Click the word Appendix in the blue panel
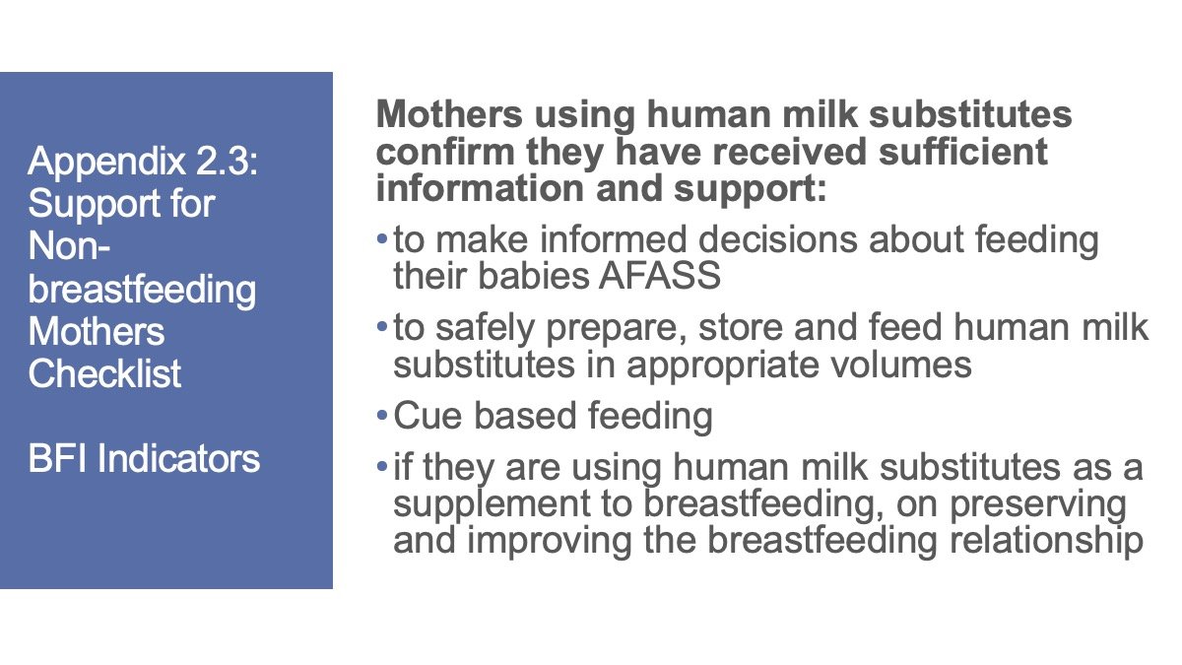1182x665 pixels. pyautogui.click(x=106, y=163)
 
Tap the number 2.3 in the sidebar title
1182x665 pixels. pyautogui.click(x=227, y=161)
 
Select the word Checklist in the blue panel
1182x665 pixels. pyautogui.click(x=104, y=373)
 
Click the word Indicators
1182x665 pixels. pyautogui.click(x=179, y=458)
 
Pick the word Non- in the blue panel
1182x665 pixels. pyautogui.click(x=69, y=245)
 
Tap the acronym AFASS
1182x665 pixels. pyautogui.click(x=659, y=276)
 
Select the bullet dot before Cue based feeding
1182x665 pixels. pyautogui.click(x=382, y=416)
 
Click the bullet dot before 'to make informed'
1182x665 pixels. pyautogui.click(x=382, y=239)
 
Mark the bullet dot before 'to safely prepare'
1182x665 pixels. pyautogui.click(x=382, y=327)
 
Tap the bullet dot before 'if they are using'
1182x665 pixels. pyautogui.click(x=382, y=467)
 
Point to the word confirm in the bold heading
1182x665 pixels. pyautogui.click(x=445, y=152)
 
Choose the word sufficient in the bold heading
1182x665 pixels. pyautogui.click(x=962, y=152)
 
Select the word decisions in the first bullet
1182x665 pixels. pyautogui.click(x=778, y=239)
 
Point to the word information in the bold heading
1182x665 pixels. pyautogui.click(x=480, y=188)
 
